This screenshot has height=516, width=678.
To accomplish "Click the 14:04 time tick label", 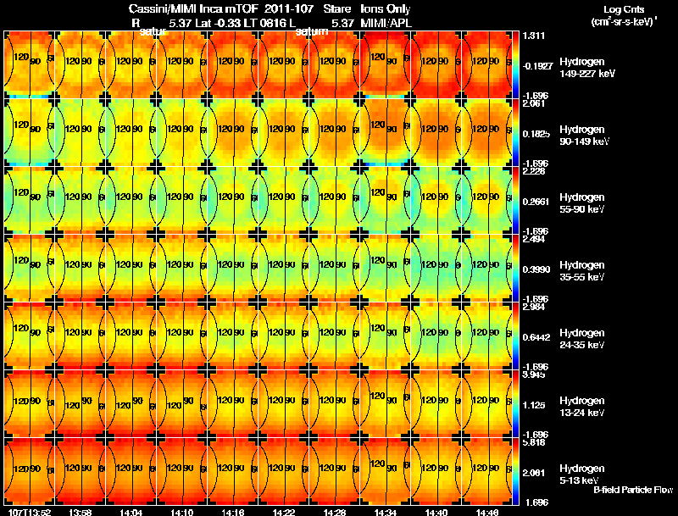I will [131, 511].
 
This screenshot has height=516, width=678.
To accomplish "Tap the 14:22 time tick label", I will [284, 511].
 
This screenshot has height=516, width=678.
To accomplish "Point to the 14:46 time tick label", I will [487, 511].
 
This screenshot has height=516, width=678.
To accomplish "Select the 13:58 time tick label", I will [81, 511].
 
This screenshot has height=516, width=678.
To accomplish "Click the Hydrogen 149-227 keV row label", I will [587, 68].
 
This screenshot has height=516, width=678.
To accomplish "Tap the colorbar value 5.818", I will [534, 442].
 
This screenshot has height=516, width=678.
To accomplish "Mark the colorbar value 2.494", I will [534, 239].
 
